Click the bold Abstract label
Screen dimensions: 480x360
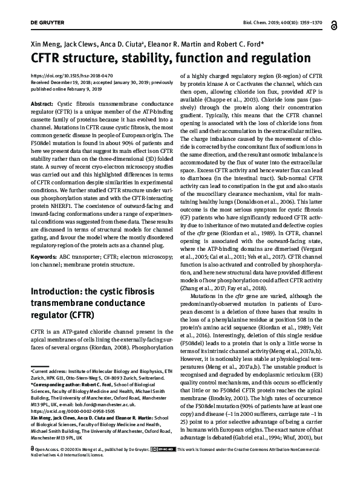click(x=41, y=104)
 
